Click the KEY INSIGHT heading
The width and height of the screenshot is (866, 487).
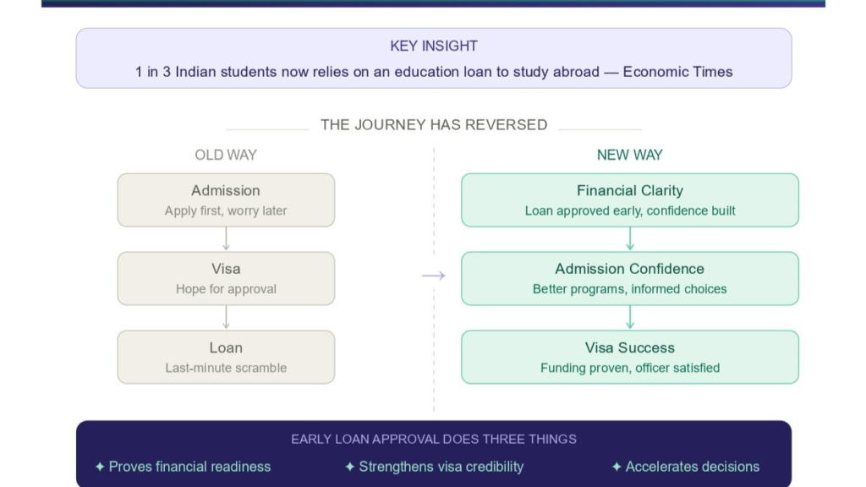[433, 46]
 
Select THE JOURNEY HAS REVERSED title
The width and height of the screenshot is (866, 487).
[433, 124]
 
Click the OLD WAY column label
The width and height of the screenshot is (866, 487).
[226, 155]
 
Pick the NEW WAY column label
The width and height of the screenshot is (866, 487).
[629, 155]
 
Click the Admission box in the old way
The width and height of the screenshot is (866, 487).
[226, 200]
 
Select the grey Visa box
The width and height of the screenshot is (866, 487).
[226, 278]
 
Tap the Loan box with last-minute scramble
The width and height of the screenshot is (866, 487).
[226, 357]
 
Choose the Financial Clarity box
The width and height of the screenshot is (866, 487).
[629, 200]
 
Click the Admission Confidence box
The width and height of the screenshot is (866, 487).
[629, 278]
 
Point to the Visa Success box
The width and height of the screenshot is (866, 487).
[629, 357]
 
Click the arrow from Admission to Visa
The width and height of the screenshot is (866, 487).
[226, 239]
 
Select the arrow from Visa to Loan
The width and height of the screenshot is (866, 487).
[226, 317]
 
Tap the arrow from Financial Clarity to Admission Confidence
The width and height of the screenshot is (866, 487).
[630, 239]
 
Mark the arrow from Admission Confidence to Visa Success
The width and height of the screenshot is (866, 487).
[630, 317]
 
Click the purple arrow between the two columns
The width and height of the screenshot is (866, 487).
[433, 276]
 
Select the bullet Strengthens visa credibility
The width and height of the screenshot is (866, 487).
[434, 467]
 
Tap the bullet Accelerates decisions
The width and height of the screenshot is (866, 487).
[686, 467]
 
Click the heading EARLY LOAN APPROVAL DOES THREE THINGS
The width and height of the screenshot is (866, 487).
[433, 440]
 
